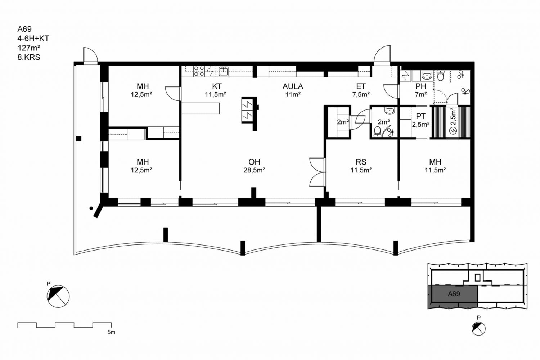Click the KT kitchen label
[x=217, y=86]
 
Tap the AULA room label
[x=293, y=86]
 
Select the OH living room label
[x=254, y=162]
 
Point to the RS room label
[x=361, y=162]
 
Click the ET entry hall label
[x=361, y=86]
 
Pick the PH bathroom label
[x=421, y=86]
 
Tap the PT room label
[x=421, y=116]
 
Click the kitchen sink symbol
[x=224, y=71]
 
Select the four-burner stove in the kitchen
[x=199, y=71]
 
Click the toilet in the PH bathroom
[x=440, y=76]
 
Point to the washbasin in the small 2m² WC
[x=389, y=111]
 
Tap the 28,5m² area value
[x=254, y=170]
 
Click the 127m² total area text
[x=29, y=48]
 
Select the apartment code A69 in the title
[x=24, y=29]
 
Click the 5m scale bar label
[x=111, y=332]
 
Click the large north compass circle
[x=58, y=297]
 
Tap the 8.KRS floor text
[x=29, y=57]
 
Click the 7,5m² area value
[x=361, y=95]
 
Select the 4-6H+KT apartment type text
[x=33, y=39]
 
